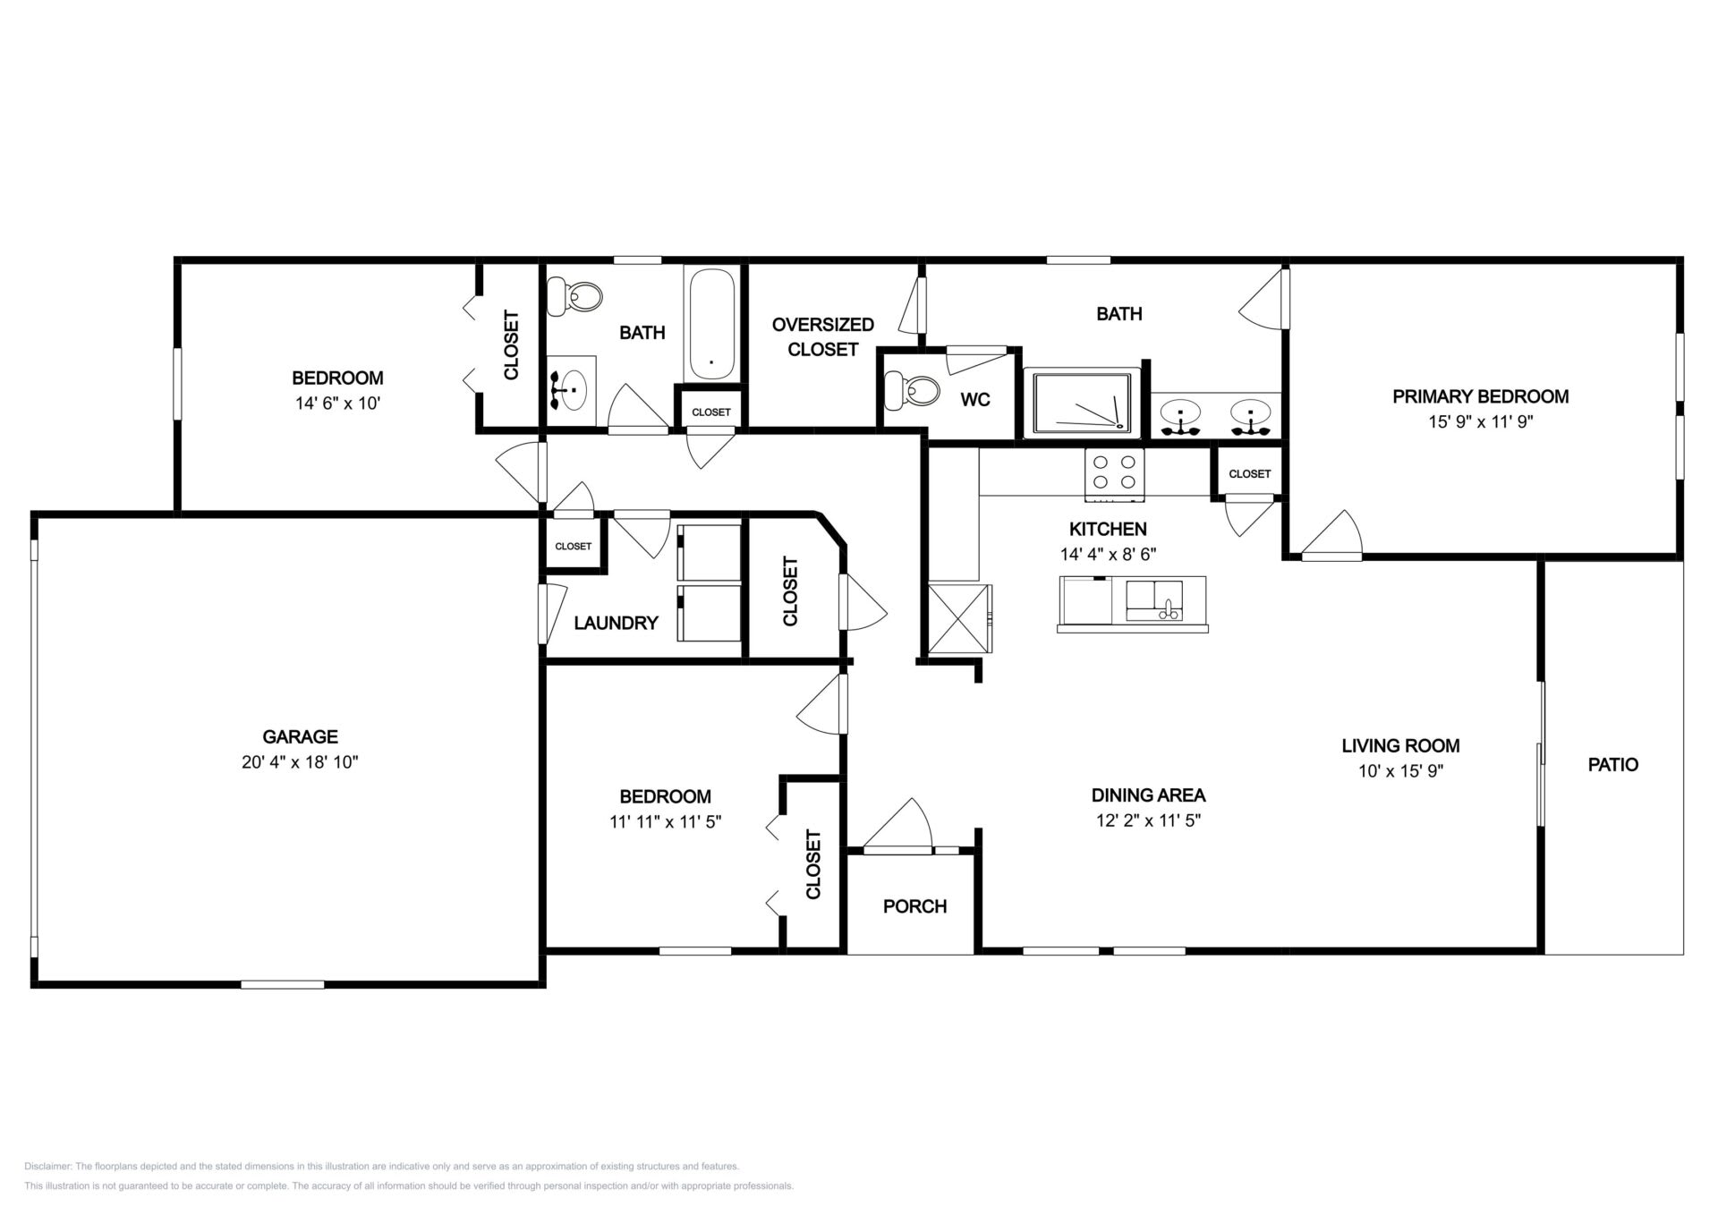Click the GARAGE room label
300,736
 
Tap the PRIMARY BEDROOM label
1480,396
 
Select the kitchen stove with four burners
1115,474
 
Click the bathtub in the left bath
712,326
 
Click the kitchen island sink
1154,600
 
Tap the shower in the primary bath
1082,403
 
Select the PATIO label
1613,765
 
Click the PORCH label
914,906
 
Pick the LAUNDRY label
617,623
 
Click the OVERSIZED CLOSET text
823,336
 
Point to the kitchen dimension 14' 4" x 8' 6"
1108,554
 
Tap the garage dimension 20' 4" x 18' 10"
300,762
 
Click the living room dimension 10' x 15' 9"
1400,771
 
